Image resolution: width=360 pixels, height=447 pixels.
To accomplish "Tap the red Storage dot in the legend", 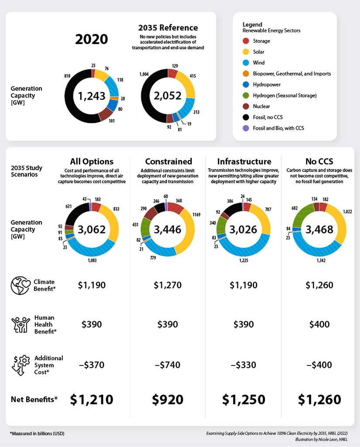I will pos(246,41).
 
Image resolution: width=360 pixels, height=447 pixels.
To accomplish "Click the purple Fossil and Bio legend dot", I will pos(246,128).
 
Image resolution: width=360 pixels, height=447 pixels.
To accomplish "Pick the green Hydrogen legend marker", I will pos(246,95).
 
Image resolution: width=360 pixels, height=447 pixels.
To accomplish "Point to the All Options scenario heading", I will pos(92,161).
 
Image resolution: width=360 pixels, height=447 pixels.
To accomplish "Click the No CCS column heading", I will pos(319,161).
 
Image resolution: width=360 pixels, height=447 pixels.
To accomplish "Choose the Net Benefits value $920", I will pos(168,399).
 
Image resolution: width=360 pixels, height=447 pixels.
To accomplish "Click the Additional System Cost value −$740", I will pos(168,364).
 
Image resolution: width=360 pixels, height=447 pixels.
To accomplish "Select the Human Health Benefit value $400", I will pos(319,324).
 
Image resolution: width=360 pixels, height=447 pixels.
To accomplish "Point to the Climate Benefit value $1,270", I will pos(168,285).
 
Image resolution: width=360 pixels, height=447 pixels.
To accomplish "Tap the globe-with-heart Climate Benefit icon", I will pos(20,285).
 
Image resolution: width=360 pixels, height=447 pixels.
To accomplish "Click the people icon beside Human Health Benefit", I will pos(20,324).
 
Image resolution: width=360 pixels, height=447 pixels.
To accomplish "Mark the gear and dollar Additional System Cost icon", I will pos(20,364).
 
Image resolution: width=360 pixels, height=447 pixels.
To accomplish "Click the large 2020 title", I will pos(92,39).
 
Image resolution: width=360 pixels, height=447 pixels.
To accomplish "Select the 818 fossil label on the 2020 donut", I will pos(67,76).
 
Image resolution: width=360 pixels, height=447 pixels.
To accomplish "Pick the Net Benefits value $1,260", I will pos(319,399).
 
